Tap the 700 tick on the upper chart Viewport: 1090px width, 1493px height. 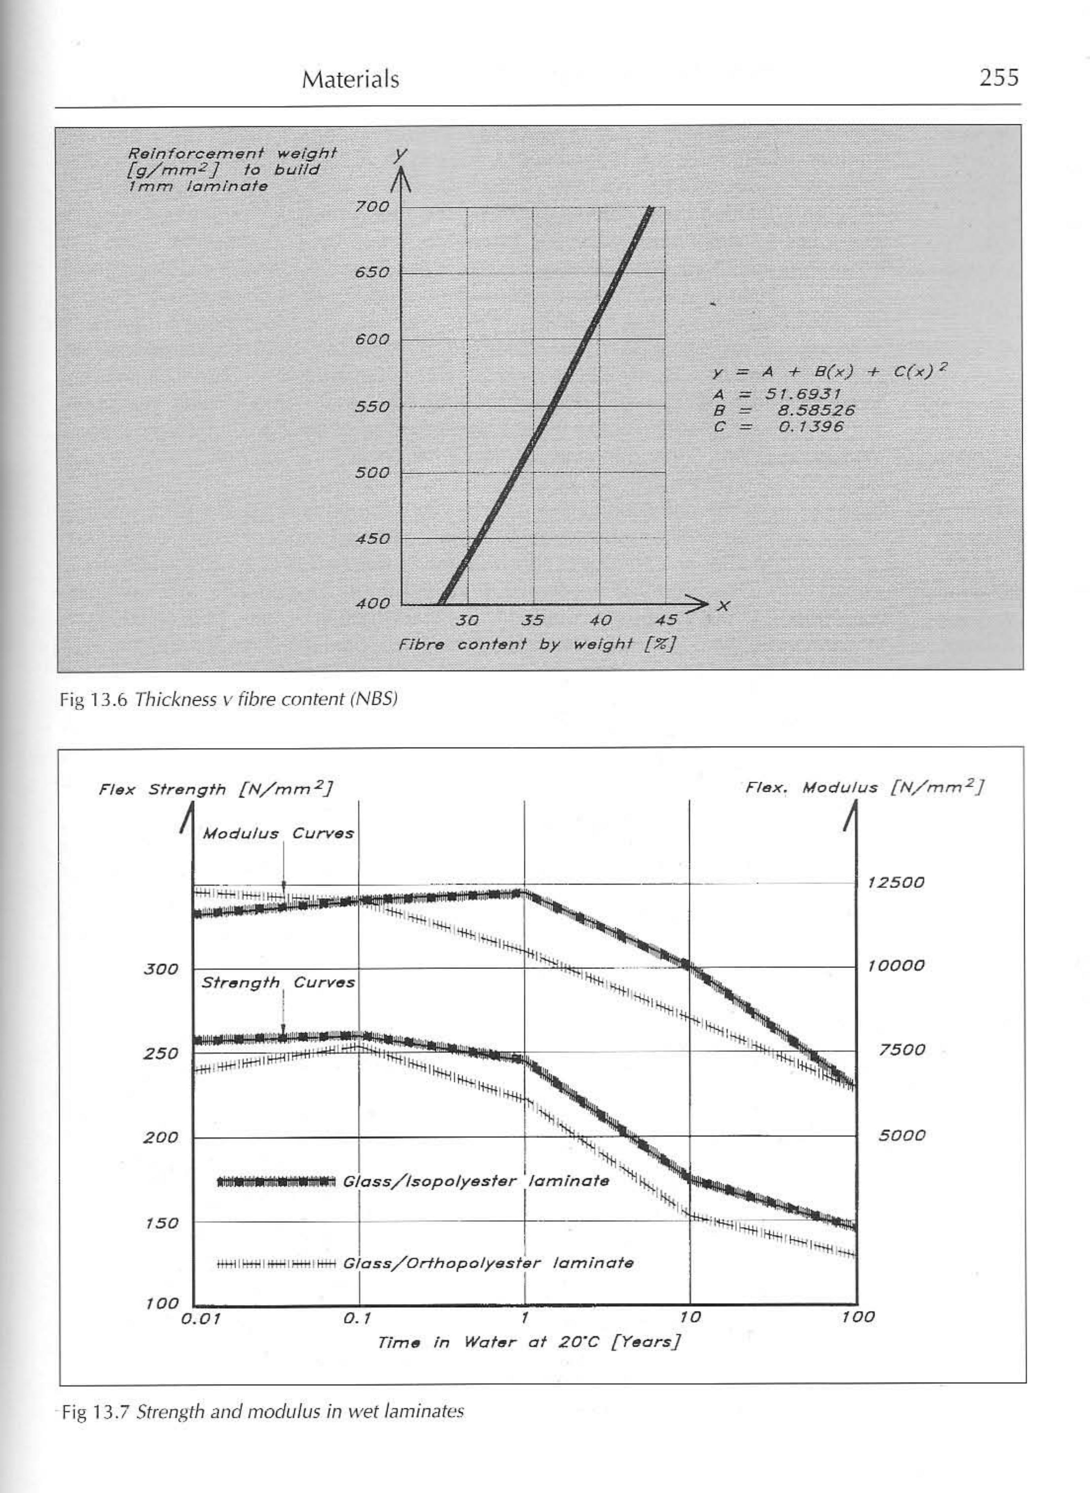tap(372, 207)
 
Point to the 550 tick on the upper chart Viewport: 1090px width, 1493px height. tap(372, 406)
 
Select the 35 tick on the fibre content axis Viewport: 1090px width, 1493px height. tap(532, 620)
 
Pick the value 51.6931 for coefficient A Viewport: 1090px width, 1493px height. tap(802, 394)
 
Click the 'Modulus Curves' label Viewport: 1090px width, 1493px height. tap(278, 833)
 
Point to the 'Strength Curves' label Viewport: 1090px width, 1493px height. tap(278, 982)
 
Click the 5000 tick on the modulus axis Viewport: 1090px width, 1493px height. tap(901, 1136)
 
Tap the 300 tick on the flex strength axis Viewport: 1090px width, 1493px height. tap(161, 969)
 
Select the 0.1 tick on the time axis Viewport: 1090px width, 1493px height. tap(358, 1318)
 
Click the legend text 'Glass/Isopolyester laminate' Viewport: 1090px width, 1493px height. tap(476, 1181)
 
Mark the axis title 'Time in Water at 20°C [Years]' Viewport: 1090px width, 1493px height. tap(528, 1342)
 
